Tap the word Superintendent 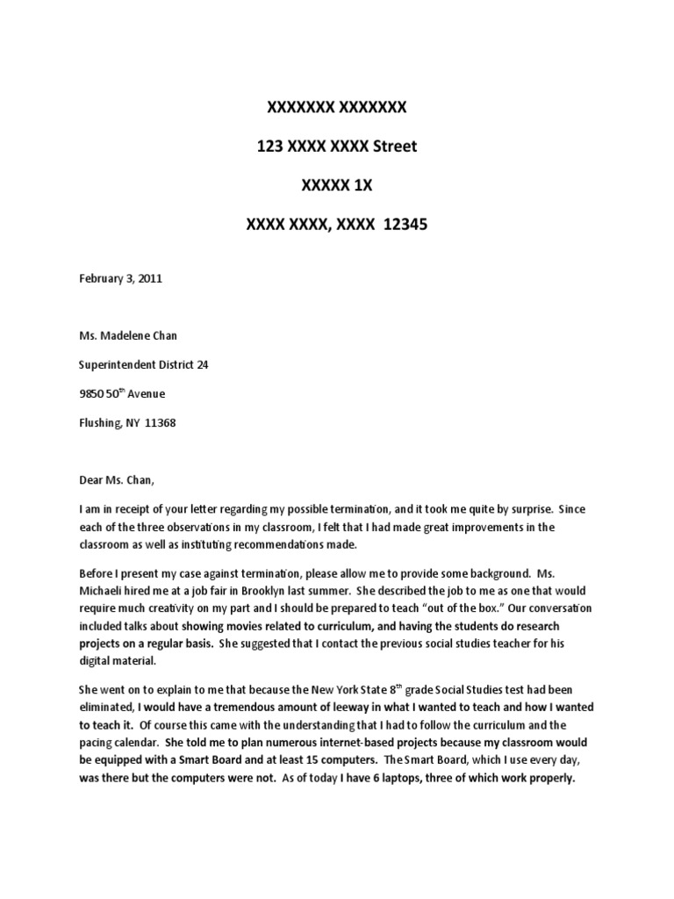point(118,363)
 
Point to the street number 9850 point(92,392)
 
